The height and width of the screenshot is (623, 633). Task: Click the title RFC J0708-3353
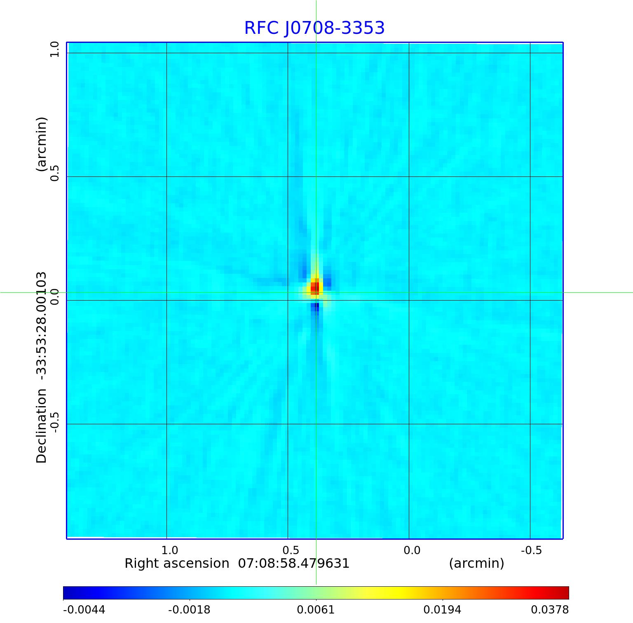tap(314, 28)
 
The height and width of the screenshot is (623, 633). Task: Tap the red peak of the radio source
tap(315, 287)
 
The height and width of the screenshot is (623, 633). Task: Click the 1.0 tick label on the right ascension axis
tap(169, 550)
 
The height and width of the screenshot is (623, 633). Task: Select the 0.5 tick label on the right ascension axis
tap(291, 550)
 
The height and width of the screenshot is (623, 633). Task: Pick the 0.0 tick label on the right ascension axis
tap(412, 550)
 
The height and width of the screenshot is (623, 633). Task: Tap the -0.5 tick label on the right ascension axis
tap(531, 550)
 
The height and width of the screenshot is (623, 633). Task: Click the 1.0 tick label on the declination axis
tap(55, 49)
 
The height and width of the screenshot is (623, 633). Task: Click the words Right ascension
tap(177, 563)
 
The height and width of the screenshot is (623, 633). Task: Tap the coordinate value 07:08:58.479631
tap(294, 563)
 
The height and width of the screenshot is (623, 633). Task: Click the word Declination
tap(42, 426)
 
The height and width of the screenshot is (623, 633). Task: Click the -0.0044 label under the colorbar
tap(84, 610)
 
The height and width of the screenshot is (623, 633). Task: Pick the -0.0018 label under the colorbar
tap(189, 610)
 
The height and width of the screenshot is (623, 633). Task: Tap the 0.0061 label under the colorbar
tap(316, 610)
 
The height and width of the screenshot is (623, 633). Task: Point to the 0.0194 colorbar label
tap(443, 610)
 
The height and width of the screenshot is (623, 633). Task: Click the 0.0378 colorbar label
tap(550, 610)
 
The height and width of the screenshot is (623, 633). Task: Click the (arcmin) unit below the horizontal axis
tap(476, 563)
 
